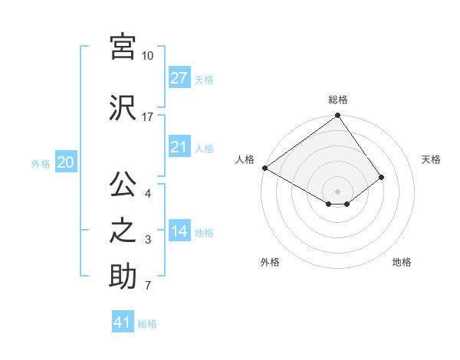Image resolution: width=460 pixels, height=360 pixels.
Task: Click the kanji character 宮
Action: click(123, 47)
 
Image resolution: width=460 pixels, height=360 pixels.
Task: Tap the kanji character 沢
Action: click(123, 107)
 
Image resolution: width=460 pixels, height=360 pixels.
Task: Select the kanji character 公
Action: click(123, 186)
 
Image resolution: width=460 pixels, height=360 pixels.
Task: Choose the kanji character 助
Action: click(123, 276)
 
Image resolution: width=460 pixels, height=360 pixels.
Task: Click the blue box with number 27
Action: click(179, 78)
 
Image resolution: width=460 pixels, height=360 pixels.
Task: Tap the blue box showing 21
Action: click(179, 148)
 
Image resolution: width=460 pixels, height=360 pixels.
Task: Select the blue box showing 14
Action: click(179, 232)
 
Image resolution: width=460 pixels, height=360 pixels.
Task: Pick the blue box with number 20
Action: click(66, 162)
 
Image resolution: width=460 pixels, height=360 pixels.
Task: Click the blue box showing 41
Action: click(123, 322)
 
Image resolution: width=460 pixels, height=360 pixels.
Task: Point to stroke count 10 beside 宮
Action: click(147, 56)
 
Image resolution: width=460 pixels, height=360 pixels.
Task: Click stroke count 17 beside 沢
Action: click(147, 116)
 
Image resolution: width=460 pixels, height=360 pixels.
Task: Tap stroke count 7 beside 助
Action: click(147, 286)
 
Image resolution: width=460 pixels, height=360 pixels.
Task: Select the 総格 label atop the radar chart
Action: click(338, 100)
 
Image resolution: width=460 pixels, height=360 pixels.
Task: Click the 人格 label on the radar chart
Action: click(245, 159)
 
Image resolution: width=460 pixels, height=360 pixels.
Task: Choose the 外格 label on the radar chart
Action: click(270, 262)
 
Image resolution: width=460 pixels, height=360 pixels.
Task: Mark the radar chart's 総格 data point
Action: click(337, 116)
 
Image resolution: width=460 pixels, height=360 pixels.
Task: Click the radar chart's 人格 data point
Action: click(264, 168)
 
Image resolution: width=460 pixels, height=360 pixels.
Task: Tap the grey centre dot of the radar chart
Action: click(337, 191)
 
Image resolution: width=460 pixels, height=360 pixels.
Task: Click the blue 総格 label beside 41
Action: click(147, 324)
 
